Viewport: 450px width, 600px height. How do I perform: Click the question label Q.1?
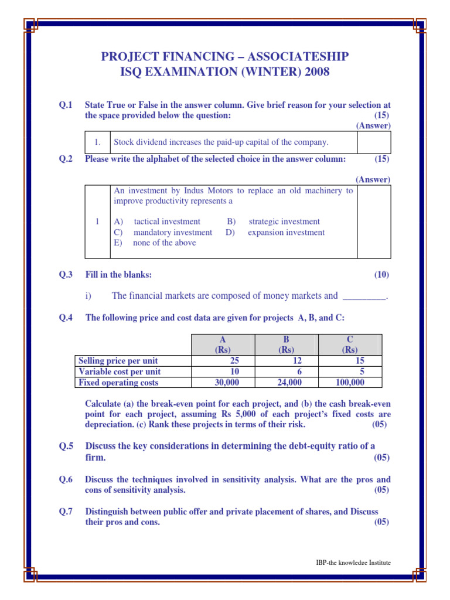[x=65, y=105]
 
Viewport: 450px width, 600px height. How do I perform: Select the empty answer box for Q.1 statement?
[x=374, y=142]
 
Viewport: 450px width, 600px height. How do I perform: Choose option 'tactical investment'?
[x=167, y=221]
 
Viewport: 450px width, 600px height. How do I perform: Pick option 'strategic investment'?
[x=284, y=221]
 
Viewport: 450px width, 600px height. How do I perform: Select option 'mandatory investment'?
[x=173, y=232]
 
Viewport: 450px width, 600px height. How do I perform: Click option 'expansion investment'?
[x=286, y=232]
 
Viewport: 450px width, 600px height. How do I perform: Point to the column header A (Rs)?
[x=223, y=345]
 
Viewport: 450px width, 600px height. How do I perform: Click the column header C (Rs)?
[x=350, y=345]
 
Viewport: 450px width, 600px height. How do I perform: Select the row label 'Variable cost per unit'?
[x=120, y=371]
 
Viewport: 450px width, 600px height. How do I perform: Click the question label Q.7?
[x=65, y=512]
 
